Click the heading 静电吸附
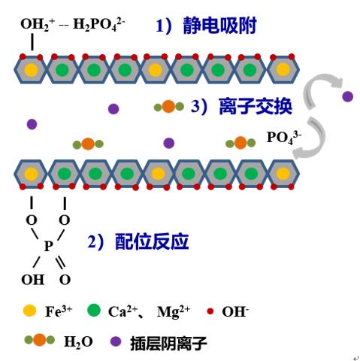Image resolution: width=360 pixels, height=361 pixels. tap(219, 26)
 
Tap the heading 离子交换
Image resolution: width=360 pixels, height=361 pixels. tap(256, 106)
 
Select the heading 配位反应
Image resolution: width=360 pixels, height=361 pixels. tap(152, 241)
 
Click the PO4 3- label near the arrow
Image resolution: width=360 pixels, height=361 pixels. tap(284, 138)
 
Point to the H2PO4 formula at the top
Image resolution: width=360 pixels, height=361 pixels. tap(98, 24)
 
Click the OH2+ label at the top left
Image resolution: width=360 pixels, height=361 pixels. tap(38, 24)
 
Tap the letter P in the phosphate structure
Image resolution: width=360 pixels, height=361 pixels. tap(48, 246)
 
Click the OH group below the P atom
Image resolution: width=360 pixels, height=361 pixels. tap(33, 280)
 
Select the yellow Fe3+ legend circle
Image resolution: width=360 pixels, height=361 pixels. tap(29, 311)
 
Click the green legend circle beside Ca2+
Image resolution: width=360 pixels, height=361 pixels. tap(94, 311)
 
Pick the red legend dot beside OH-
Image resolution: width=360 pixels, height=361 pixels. tap(210, 311)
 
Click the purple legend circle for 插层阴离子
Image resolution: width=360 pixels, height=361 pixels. tap(116, 341)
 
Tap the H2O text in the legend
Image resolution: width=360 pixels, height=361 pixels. tap(78, 341)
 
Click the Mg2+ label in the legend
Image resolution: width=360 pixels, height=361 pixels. tap(173, 311)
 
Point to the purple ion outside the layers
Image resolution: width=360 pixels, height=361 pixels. tap(348, 96)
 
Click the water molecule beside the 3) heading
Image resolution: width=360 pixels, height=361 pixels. tap(169, 107)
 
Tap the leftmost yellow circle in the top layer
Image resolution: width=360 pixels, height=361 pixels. tap(32, 70)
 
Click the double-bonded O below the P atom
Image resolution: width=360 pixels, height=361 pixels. tap(65, 280)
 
